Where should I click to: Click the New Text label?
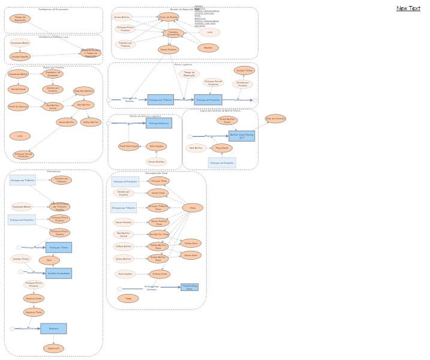coord(408,8)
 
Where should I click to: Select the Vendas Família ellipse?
coord(20,56)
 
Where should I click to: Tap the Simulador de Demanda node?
coord(52,74)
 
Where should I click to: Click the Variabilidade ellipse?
coord(18,89)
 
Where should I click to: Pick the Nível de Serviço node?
coord(18,106)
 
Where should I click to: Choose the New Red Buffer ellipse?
coord(84,91)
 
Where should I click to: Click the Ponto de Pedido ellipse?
coord(169,17)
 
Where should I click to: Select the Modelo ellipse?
coord(208,47)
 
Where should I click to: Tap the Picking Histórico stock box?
coord(158,123)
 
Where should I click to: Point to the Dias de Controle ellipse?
coord(275,119)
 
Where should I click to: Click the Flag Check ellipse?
coord(222,148)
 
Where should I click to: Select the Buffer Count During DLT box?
coord(242,136)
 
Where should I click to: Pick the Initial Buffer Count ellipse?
coord(226,120)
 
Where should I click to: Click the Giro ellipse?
coord(49,260)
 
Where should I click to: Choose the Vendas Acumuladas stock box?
coord(59,273)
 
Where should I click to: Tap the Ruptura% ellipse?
coord(53,348)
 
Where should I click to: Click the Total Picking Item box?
coord(190,287)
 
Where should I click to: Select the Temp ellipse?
coord(128,298)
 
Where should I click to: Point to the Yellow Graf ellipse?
coord(191,243)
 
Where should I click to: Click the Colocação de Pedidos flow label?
coord(129,100)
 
